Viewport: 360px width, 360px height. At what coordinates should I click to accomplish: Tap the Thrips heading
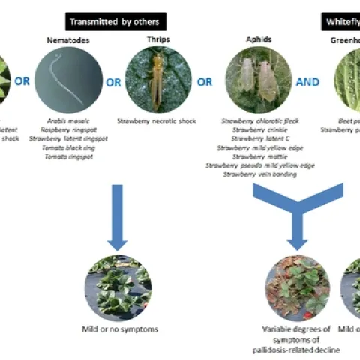[157, 41]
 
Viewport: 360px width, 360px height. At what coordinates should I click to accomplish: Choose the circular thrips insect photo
[157, 79]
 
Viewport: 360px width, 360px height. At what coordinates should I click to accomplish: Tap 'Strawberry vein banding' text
[258, 174]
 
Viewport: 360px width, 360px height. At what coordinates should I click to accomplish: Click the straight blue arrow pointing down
[116, 217]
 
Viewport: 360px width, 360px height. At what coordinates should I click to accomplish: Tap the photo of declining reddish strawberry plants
[297, 287]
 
